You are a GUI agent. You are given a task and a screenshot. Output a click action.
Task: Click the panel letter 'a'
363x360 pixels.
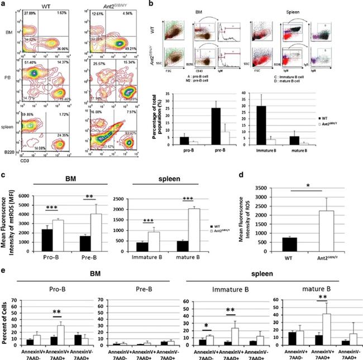pyautogui.click(x=4, y=4)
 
